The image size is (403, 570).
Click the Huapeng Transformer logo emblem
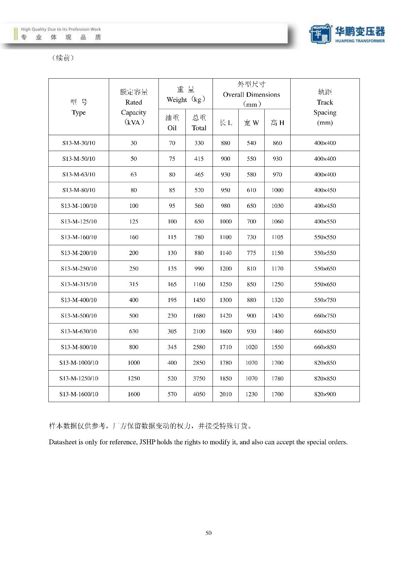point(320,33)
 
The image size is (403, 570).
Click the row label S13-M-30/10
point(79,143)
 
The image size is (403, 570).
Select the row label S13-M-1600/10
point(79,394)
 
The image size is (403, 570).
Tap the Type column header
point(79,108)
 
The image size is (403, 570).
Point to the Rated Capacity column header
point(133,107)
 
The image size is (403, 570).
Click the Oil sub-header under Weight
point(172,123)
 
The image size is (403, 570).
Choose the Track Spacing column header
point(325,107)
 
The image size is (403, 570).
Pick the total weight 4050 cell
point(199,394)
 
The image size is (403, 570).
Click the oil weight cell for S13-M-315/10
point(172,284)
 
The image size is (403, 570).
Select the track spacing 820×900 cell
point(325,394)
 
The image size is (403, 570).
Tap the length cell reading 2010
point(225,394)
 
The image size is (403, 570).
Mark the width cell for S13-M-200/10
point(251,253)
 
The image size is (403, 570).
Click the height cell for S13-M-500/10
point(277,316)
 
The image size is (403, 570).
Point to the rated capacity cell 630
point(133,331)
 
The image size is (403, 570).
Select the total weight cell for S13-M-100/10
point(199,206)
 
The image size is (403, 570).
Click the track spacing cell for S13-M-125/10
point(325,222)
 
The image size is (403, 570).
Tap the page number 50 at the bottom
point(208,533)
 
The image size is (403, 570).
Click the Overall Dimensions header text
point(251,95)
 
